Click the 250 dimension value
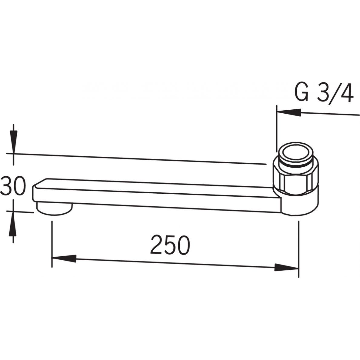(170, 245)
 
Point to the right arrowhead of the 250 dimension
(287, 267)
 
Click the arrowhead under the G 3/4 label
(289, 112)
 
